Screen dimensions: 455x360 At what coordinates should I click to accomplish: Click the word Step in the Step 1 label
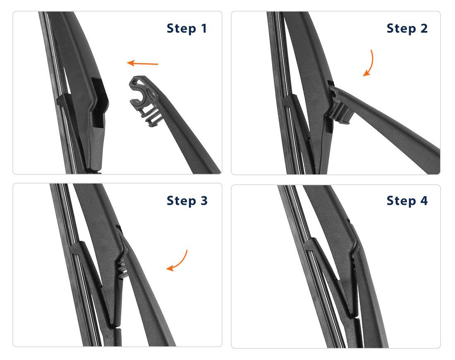point(181,29)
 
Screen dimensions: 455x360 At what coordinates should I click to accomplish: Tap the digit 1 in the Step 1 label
point(204,29)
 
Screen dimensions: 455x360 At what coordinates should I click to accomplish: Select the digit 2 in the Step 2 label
point(424,29)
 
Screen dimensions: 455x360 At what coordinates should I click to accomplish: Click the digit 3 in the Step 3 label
point(204,200)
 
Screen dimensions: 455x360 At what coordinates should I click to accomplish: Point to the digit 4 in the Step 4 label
point(424,200)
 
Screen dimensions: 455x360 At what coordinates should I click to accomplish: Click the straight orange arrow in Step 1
point(142,63)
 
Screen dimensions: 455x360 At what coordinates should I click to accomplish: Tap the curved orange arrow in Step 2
point(369,63)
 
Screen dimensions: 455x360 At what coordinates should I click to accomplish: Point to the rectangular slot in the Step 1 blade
point(98,103)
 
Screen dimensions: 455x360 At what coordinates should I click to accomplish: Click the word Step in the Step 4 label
point(401,201)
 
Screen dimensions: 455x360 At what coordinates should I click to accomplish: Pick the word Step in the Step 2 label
point(401,29)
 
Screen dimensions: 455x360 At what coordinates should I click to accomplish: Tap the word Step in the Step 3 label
point(181,201)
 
